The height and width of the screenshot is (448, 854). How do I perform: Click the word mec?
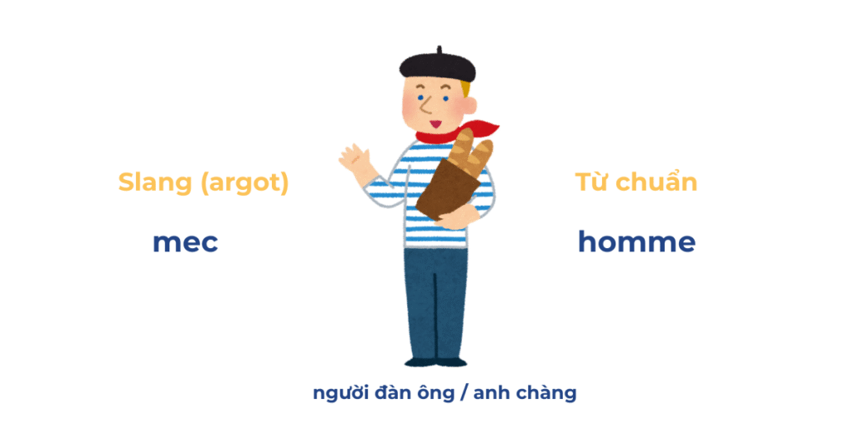coord(185,242)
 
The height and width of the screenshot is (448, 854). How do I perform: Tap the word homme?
coord(636,241)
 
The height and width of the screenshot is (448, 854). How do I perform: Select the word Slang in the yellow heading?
coord(155,182)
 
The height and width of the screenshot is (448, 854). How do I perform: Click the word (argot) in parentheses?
coord(244,182)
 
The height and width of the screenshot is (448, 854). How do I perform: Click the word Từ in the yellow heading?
coord(592,182)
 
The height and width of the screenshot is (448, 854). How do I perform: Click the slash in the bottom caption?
coord(464,392)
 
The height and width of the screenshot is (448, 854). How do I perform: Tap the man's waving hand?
coord(354,160)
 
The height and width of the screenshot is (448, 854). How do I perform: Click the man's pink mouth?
coord(435,125)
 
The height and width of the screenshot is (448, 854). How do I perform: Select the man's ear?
coord(470,105)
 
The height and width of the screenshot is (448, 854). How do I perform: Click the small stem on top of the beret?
coord(439,51)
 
